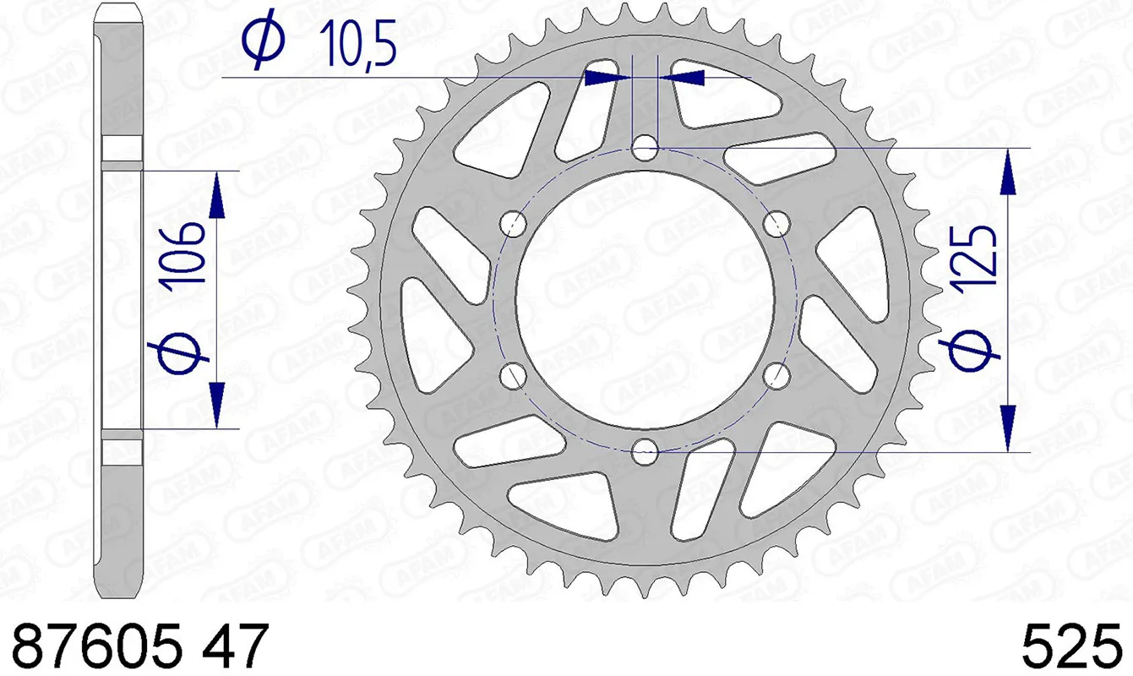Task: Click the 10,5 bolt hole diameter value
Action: tap(357, 44)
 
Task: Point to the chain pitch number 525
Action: tap(1071, 647)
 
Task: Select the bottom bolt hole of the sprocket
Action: tap(645, 451)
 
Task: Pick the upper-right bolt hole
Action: tap(776, 224)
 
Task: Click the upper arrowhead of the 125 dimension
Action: tap(1008, 173)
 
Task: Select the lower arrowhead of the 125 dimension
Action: tap(1008, 427)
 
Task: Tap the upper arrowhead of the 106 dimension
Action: tap(218, 195)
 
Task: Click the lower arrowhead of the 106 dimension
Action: tap(218, 404)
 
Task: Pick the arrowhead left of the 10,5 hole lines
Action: tap(607, 78)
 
